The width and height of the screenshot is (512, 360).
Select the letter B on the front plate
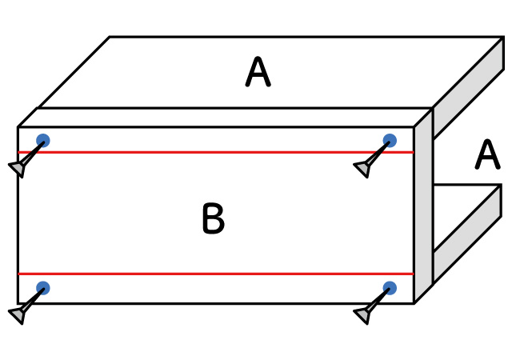(213, 219)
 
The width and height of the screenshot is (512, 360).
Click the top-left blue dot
(43, 140)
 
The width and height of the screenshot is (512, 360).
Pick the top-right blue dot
(390, 140)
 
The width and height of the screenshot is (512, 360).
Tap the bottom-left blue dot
(43, 288)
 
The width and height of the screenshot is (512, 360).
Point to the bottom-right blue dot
(390, 288)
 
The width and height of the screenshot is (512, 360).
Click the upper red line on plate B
(216, 152)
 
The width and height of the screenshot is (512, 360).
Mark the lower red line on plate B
(216, 274)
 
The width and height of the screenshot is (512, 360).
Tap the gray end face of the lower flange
(468, 232)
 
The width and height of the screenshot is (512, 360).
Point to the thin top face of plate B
(224, 118)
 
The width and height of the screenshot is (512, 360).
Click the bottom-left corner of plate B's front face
(18, 303)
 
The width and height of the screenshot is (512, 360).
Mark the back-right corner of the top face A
(502, 37)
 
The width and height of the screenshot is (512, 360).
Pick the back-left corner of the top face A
(110, 37)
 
